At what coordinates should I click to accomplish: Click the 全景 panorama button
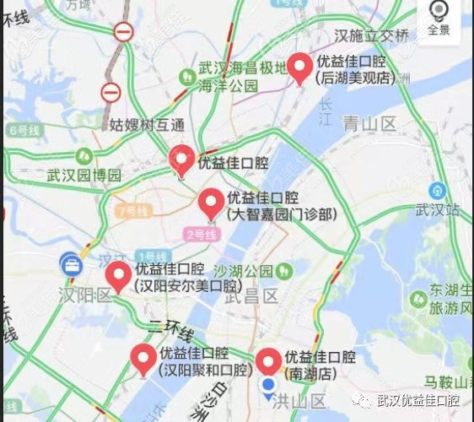pos(439,18)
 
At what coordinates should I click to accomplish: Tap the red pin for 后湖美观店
pos(299,68)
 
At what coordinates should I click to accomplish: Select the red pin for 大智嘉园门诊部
pos(211,204)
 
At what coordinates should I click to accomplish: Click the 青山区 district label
pos(369,124)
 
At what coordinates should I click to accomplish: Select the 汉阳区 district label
pos(89,295)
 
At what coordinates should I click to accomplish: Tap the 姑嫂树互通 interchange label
pos(147,125)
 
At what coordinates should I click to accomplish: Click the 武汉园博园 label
pos(84,176)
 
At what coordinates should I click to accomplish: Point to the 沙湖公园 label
pos(243,271)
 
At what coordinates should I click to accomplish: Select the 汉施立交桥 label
pos(371,35)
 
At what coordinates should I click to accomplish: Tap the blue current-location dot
pos(268,387)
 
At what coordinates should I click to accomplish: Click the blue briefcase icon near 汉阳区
pos(70,264)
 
